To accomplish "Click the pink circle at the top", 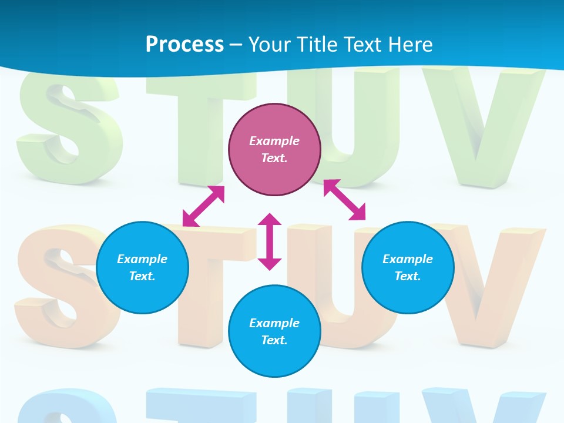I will [274, 150].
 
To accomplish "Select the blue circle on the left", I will [142, 267].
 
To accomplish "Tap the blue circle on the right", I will [408, 267].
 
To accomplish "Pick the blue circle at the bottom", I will [274, 331].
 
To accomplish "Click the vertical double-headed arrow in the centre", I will [270, 241].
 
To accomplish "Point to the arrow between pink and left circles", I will [204, 206].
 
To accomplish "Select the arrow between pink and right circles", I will [345, 200].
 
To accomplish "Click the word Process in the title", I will [184, 44].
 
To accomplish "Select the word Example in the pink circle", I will [274, 141].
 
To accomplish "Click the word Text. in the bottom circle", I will [274, 340].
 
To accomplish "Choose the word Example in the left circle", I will [142, 259].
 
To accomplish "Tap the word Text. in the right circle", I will [408, 276].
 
